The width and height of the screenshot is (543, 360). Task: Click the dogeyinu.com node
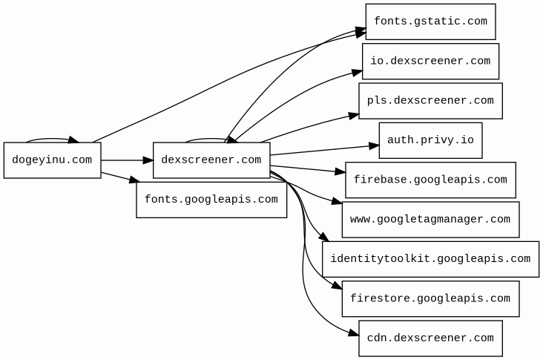(x=52, y=160)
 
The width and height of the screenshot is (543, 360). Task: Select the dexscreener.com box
(x=211, y=160)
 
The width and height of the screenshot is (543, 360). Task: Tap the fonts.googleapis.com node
(x=211, y=200)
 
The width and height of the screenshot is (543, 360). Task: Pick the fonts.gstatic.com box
(x=430, y=22)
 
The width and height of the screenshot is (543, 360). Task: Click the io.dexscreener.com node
(x=430, y=61)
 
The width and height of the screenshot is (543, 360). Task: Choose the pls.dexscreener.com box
(x=430, y=101)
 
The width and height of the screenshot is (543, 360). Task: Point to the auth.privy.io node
(x=430, y=140)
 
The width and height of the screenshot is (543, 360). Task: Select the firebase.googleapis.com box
(x=430, y=180)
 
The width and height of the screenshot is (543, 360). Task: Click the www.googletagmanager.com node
(x=430, y=220)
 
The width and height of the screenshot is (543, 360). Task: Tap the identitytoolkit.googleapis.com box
(x=430, y=259)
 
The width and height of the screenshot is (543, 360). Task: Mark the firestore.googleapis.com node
(x=430, y=299)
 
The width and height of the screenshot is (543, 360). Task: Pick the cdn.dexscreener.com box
(x=430, y=338)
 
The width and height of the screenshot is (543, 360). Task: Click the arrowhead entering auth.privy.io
(x=374, y=146)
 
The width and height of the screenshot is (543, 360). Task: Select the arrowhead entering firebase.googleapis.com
(x=340, y=172)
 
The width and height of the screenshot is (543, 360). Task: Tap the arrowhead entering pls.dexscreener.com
(x=354, y=115)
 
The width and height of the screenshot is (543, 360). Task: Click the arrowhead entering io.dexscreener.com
(x=357, y=72)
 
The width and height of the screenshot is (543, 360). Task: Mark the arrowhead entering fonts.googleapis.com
(x=134, y=180)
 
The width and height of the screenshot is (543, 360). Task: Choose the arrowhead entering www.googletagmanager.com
(x=337, y=202)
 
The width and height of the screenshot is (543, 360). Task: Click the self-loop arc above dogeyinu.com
(x=52, y=138)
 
